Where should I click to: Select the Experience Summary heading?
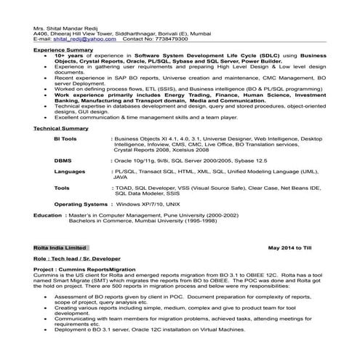coord(63,49)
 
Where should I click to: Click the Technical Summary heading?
coord(61,128)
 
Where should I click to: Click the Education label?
coord(48,216)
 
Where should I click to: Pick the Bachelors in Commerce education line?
coord(150,221)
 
